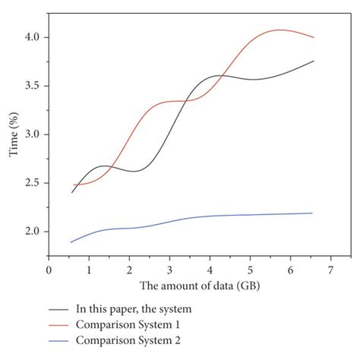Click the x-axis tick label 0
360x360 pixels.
point(49,270)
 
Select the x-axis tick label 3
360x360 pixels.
point(169,270)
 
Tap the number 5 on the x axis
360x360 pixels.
point(250,270)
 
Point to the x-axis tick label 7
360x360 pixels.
point(331,270)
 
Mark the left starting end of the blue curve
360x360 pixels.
point(71,242)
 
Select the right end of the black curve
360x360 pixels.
point(314,61)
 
